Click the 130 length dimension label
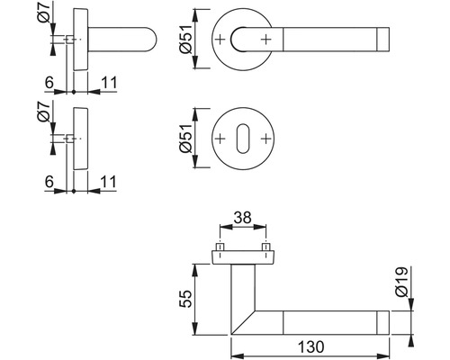[x=311, y=347]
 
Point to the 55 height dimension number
[x=185, y=299]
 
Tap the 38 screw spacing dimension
[x=243, y=218]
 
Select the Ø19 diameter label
[x=401, y=282]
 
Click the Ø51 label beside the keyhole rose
[x=185, y=139]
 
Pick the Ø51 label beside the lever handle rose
[x=185, y=39]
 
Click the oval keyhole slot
[x=243, y=139]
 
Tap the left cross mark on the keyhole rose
[x=220, y=139]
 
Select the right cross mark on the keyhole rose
[x=265, y=139]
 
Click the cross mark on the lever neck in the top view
[x=265, y=40]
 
